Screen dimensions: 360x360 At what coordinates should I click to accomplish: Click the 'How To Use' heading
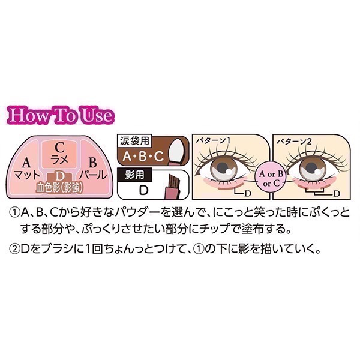click(61, 115)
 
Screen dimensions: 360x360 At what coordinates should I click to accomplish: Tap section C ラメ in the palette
click(59, 154)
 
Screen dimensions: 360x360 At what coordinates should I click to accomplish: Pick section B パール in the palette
click(93, 169)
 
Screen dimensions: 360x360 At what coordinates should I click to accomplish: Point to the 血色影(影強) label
click(59, 188)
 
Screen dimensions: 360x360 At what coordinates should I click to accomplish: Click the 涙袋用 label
click(134, 141)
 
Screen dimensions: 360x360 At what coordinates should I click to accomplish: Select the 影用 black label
click(134, 175)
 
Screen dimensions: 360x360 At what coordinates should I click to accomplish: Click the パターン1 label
click(213, 140)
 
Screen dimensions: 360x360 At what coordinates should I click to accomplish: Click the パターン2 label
click(294, 141)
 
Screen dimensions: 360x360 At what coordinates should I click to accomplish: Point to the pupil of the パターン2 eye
click(311, 166)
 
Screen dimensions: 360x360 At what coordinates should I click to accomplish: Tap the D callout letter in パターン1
click(247, 194)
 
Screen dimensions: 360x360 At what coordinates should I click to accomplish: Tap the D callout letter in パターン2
click(337, 194)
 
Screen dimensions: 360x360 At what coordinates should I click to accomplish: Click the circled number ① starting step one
click(13, 213)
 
